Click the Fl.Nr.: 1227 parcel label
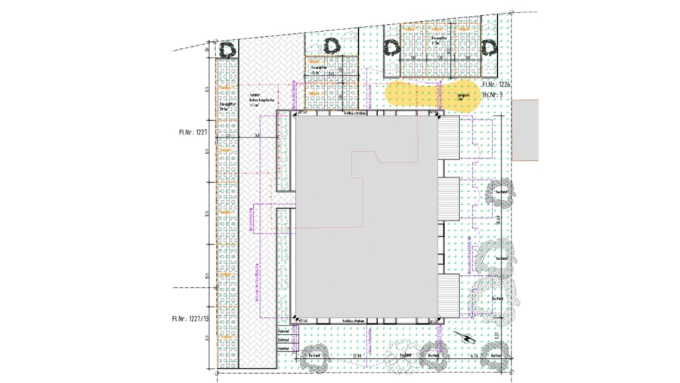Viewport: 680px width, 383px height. click(193, 131)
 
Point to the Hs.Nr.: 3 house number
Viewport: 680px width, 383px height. click(496, 96)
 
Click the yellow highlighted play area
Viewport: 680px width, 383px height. click(431, 96)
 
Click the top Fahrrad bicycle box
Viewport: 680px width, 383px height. click(283, 330)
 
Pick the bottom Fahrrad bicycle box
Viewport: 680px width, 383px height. click(283, 348)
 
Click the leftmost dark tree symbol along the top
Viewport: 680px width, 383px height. click(227, 50)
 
